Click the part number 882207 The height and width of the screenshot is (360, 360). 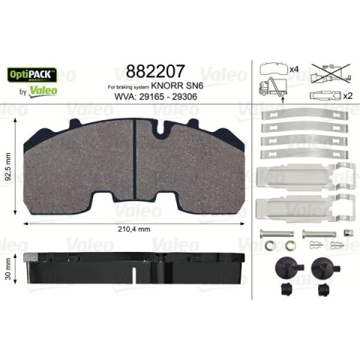[155, 71]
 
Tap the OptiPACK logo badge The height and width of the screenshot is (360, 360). [32, 75]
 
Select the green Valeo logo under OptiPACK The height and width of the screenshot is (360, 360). [43, 91]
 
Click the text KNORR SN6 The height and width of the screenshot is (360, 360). [177, 85]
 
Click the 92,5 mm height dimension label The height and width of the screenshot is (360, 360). [8, 166]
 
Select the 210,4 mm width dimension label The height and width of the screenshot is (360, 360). [134, 229]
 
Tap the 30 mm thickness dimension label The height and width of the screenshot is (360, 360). [8, 268]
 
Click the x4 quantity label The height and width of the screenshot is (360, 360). [294, 69]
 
